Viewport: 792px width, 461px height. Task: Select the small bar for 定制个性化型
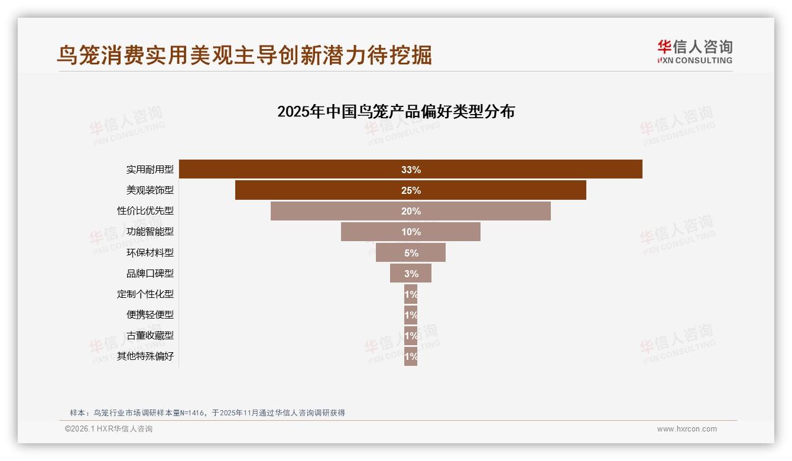click(x=411, y=294)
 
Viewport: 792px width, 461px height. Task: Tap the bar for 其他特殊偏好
click(x=411, y=356)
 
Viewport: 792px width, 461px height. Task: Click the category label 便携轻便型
click(x=150, y=314)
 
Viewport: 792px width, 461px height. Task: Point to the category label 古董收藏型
click(x=150, y=335)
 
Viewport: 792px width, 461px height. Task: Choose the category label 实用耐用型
click(x=150, y=169)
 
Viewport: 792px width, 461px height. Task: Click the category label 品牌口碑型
click(x=150, y=273)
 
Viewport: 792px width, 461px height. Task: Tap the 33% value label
click(x=411, y=170)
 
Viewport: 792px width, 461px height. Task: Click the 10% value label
click(x=411, y=232)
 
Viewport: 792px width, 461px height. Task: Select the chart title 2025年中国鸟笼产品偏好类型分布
click(x=396, y=112)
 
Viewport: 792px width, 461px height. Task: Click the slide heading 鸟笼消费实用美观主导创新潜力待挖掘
click(x=244, y=54)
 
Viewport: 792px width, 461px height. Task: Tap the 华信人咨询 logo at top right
click(x=694, y=51)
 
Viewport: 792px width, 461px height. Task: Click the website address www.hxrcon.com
click(x=687, y=429)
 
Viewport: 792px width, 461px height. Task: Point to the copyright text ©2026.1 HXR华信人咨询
click(x=109, y=429)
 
